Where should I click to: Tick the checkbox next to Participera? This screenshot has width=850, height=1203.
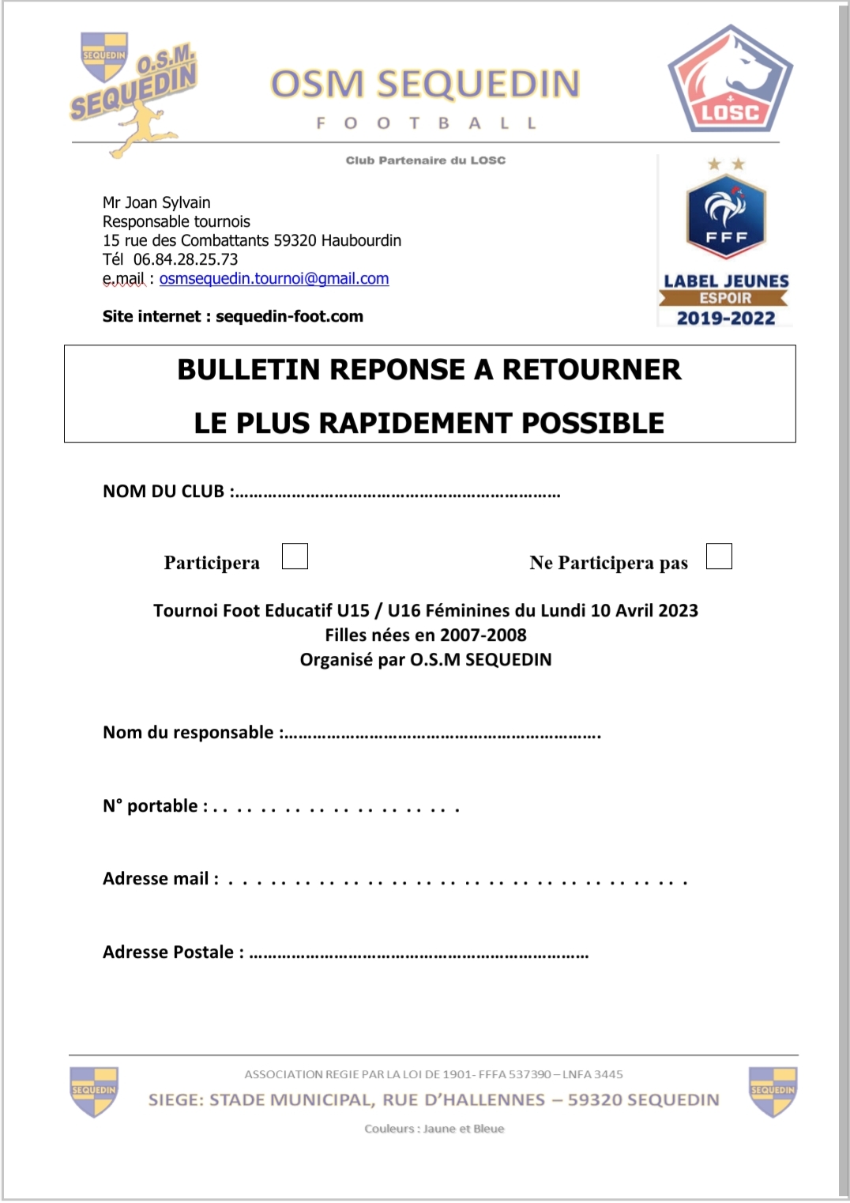point(295,556)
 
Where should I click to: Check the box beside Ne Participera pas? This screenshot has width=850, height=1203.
point(719,556)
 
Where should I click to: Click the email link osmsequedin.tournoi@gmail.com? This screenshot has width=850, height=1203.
point(274,279)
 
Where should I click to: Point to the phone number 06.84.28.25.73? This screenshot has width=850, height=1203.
point(186,260)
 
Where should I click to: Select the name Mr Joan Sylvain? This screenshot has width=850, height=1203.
point(156,203)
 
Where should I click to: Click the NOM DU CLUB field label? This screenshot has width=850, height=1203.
point(164,492)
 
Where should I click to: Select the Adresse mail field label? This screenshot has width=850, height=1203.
point(156,879)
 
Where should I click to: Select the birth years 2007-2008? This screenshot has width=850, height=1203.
point(483,635)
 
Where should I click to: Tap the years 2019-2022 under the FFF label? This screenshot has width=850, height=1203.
point(726,319)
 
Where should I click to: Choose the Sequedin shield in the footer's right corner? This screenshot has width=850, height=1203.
point(773,1091)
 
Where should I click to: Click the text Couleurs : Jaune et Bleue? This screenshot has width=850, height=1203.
point(434,1129)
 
